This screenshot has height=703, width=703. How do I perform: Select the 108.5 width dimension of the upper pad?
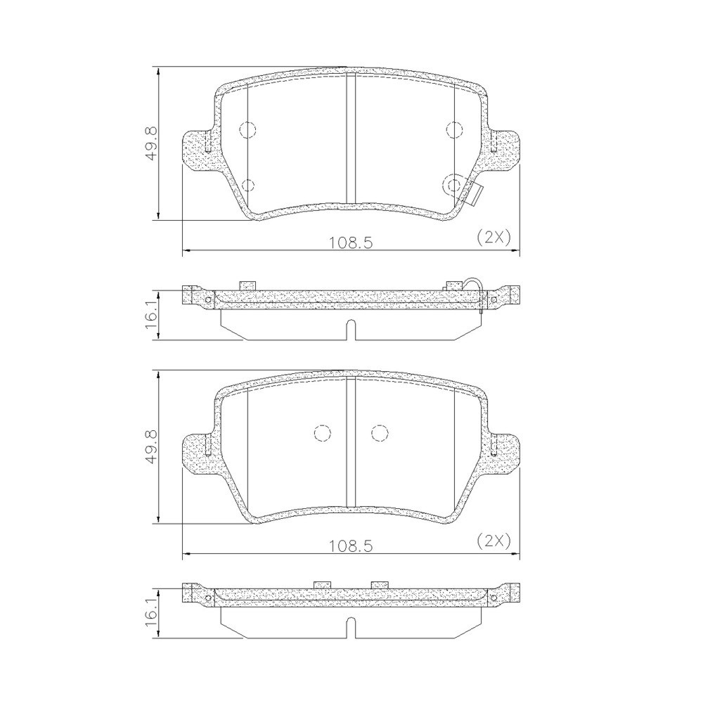[349, 243]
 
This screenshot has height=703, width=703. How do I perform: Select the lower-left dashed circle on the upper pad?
[247, 186]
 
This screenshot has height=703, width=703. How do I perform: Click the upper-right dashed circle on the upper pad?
[454, 129]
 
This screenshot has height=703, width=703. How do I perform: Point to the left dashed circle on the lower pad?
[322, 434]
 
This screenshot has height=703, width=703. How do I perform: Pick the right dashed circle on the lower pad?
[380, 434]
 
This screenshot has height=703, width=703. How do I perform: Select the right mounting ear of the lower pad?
[504, 452]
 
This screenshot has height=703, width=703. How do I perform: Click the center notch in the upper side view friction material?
[351, 328]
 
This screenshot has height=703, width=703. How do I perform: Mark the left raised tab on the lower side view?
[322, 583]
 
